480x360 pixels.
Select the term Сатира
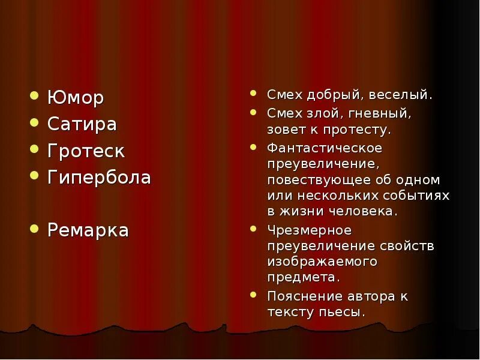tap(82, 124)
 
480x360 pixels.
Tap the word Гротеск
tap(86, 151)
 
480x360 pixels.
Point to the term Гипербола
tap(99, 178)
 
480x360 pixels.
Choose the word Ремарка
tap(88, 230)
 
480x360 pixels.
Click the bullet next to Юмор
tap(35, 95)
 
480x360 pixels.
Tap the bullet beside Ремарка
tap(35, 229)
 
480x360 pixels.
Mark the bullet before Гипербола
tap(35, 176)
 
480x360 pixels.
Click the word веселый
tap(400, 95)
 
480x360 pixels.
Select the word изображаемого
tap(322, 262)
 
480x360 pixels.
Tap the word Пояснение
tap(305, 296)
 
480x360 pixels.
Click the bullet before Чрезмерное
tap(254, 229)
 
